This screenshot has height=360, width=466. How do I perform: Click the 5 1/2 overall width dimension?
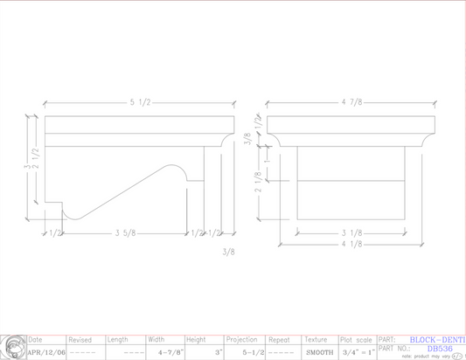coord(140,103)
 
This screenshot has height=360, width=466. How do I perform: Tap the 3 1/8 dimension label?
coord(351,233)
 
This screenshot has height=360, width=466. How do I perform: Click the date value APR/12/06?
coord(45,352)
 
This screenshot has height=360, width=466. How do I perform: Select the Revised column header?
coord(80,340)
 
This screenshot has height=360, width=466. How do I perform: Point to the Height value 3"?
coord(218,352)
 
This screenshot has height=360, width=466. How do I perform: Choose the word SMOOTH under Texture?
coord(319,352)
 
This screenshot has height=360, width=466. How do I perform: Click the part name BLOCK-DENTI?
coord(437,339)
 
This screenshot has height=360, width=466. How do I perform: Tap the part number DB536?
coord(439,348)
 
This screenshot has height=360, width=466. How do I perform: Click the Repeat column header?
coord(279,340)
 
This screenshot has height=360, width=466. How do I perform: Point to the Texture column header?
coord(316,340)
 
